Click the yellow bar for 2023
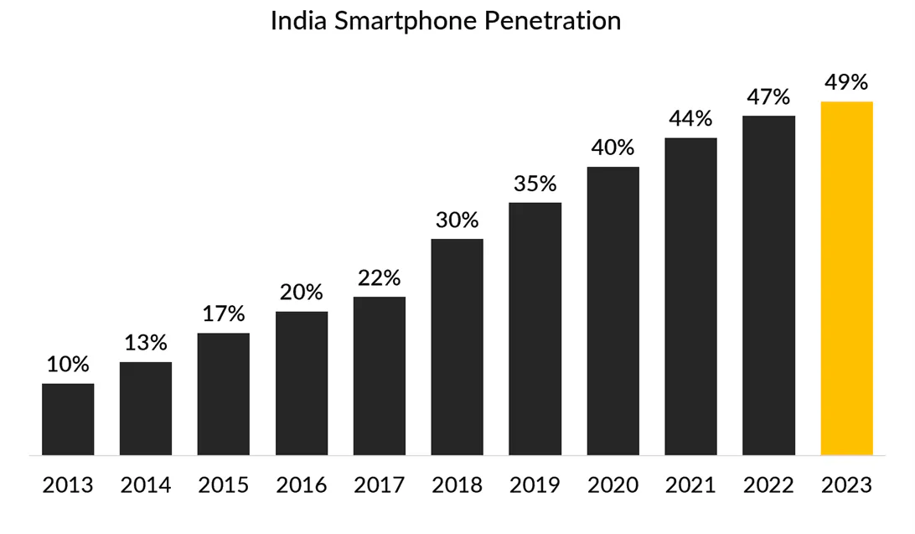click(x=846, y=278)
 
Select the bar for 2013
click(x=68, y=419)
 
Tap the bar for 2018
click(x=457, y=347)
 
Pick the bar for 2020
click(x=613, y=311)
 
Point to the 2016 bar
click(x=302, y=383)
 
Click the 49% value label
click(x=846, y=82)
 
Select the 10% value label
click(x=68, y=365)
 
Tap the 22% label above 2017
click(x=380, y=277)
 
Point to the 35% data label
click(x=535, y=183)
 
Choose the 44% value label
click(x=690, y=118)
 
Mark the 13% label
click(x=146, y=343)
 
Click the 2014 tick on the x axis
click(x=146, y=485)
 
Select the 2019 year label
click(x=535, y=485)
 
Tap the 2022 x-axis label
click(x=768, y=485)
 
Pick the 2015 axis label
click(x=224, y=485)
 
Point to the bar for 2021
click(x=690, y=296)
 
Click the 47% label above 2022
click(x=768, y=96)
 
